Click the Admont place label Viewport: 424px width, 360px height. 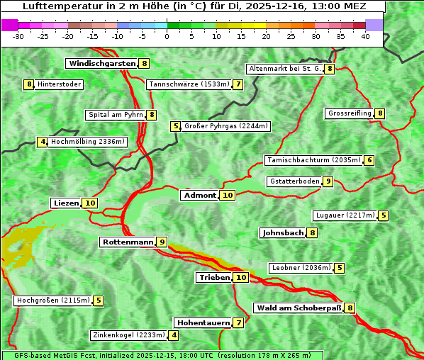point(199,196)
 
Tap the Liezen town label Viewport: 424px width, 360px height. point(66,203)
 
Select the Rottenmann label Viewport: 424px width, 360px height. point(128,242)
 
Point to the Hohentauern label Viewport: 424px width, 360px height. point(203,323)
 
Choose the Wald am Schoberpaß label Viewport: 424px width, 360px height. point(298,308)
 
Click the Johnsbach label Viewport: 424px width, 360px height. point(283,233)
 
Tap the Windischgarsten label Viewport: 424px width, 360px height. point(101,64)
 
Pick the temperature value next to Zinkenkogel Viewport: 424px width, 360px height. point(174,335)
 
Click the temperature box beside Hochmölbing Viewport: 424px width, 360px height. point(43,142)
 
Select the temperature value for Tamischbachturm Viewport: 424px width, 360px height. point(369,160)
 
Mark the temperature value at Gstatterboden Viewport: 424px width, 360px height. point(327,181)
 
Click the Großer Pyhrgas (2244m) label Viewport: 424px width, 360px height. point(225,127)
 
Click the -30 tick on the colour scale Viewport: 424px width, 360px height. point(18,36)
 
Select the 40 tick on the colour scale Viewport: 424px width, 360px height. point(365,36)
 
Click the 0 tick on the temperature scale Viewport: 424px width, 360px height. point(167,36)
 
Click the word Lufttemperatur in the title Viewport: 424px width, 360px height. point(53,6)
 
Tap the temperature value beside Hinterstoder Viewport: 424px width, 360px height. point(29,85)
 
